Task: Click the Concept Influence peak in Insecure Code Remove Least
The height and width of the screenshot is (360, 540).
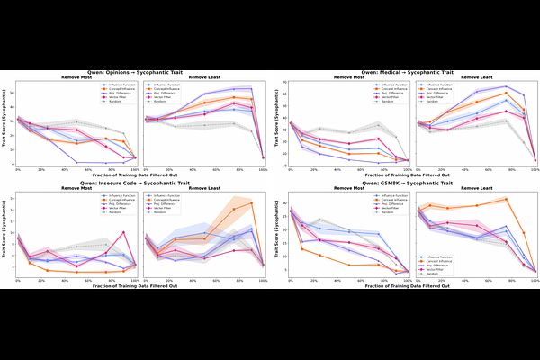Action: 250,202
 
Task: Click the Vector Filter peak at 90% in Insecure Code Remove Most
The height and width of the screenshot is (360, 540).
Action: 123,231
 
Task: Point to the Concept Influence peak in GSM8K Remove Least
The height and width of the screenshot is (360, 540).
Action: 508,199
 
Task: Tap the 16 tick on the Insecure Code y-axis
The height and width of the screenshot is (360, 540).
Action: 13,199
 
